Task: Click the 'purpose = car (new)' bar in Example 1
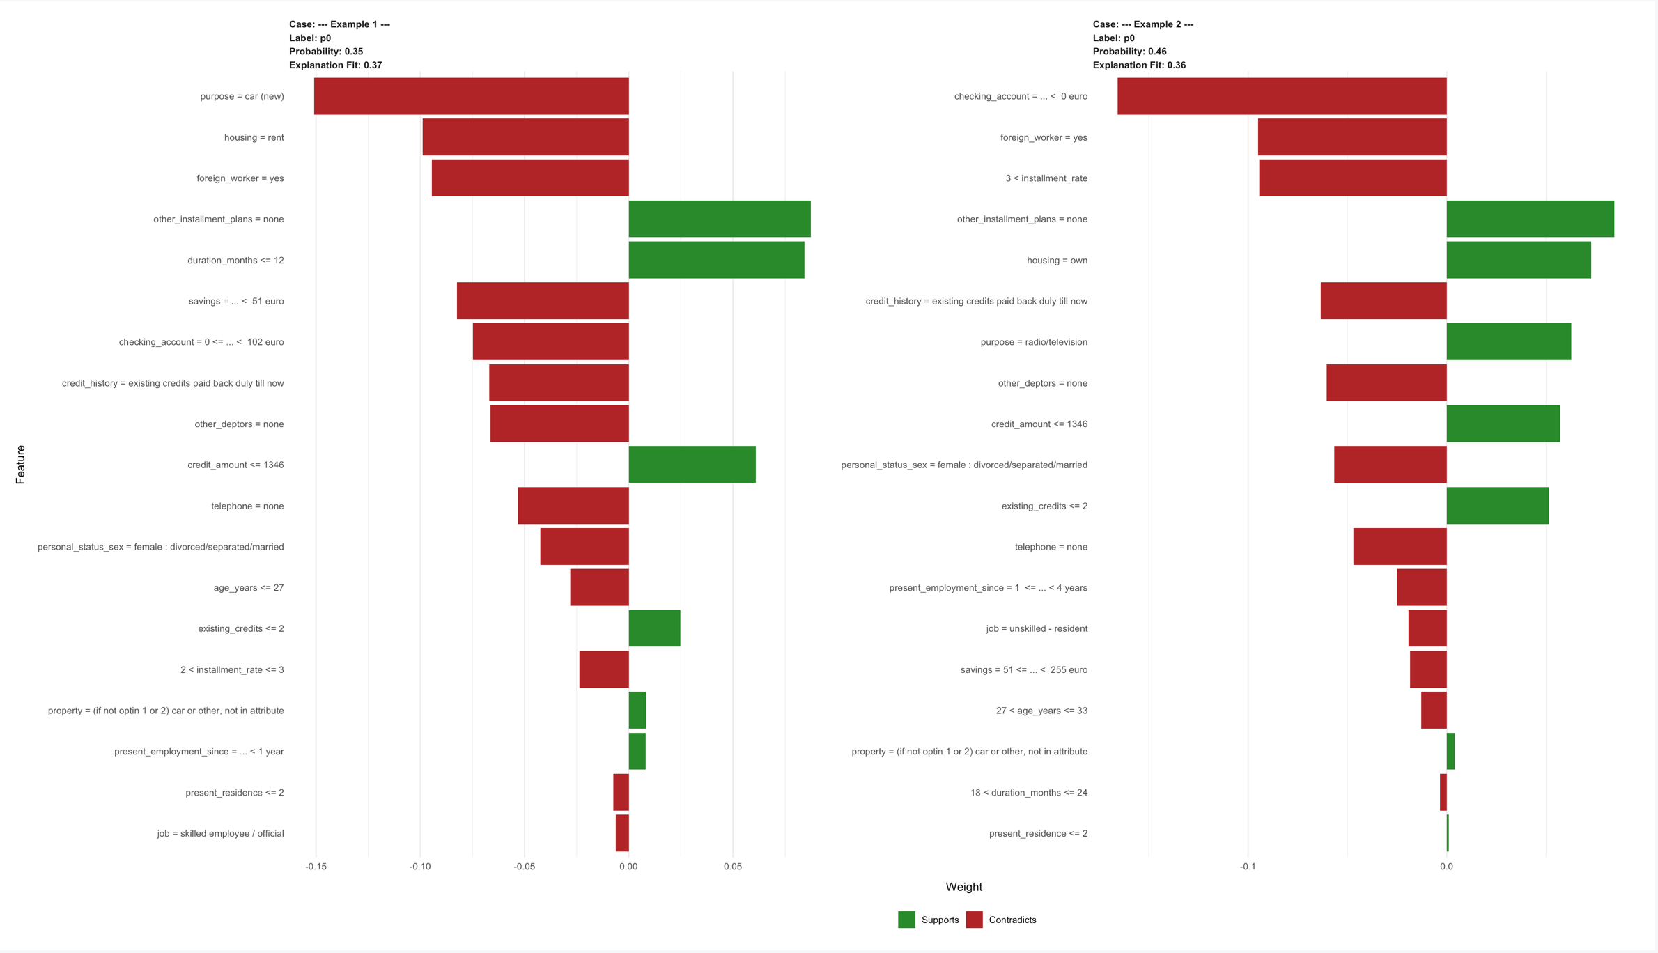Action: click(x=471, y=96)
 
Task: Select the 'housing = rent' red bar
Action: click(x=525, y=137)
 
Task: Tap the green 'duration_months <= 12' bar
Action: click(x=716, y=260)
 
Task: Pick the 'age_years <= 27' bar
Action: click(x=599, y=587)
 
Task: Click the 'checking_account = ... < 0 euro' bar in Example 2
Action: click(x=1282, y=96)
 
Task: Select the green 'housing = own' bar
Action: click(x=1519, y=260)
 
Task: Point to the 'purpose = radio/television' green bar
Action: click(x=1508, y=341)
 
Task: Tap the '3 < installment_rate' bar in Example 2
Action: click(x=1352, y=178)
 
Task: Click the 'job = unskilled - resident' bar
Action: click(x=1427, y=628)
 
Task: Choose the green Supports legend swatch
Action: click(x=906, y=920)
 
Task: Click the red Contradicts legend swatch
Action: click(x=974, y=920)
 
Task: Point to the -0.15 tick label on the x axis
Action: click(x=316, y=867)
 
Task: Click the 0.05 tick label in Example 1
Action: click(x=732, y=867)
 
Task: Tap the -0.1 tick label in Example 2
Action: click(x=1247, y=867)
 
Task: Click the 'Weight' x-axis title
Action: click(x=963, y=887)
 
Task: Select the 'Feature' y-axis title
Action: click(x=20, y=465)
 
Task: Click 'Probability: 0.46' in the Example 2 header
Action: click(x=1129, y=52)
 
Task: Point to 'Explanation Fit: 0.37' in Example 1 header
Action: click(x=335, y=65)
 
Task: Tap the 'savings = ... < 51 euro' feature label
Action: click(x=235, y=301)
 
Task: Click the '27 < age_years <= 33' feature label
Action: click(x=1041, y=711)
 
